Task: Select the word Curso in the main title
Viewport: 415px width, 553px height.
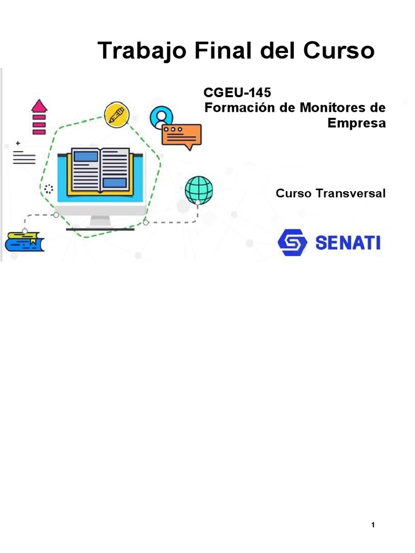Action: [x=339, y=51]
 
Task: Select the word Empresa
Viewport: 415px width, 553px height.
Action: [x=357, y=123]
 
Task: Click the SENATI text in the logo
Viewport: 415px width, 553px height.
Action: [x=347, y=242]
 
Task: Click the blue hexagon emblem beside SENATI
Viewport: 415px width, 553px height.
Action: [x=292, y=242]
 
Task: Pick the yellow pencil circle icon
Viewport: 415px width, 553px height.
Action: [x=117, y=114]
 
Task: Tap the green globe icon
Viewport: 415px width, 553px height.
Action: [x=199, y=189]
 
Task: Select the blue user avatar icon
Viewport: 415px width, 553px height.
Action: [x=162, y=116]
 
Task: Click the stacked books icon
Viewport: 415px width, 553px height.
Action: [x=24, y=241]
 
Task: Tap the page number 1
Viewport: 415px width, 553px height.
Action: [x=373, y=525]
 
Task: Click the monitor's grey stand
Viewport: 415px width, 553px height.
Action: [x=101, y=221]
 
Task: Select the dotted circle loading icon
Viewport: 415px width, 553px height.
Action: [x=49, y=188]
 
